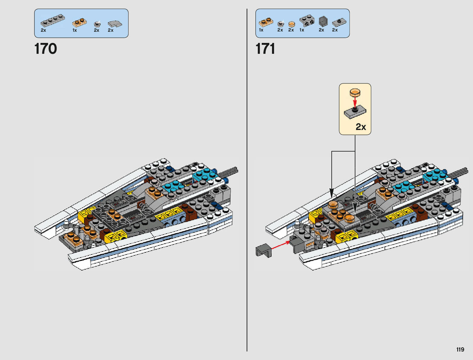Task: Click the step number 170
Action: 46,49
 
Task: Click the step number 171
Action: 265,49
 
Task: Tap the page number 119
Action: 460,350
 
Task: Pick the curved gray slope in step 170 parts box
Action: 115,24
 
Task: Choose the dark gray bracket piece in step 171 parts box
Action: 323,21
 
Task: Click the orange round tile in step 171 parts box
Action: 291,24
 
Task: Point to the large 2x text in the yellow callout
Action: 361,127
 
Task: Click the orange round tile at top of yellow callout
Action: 355,92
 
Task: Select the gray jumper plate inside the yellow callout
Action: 355,112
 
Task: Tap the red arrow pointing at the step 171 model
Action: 280,245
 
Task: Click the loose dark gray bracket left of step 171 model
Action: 264,250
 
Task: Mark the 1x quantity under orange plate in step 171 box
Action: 261,30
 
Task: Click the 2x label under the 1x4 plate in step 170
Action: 43,30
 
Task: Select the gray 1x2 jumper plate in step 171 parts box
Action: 339,22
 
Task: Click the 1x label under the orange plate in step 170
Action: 75,30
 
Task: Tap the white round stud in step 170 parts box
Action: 97,24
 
